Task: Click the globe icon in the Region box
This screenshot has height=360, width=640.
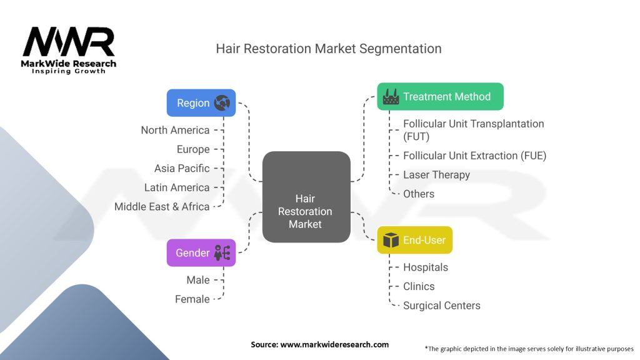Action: [x=222, y=103]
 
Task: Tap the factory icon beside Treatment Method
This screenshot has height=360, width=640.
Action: [x=391, y=97]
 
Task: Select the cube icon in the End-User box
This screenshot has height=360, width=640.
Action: [x=391, y=240]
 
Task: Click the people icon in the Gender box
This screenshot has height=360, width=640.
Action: [x=222, y=253]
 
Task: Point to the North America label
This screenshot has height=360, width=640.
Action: [x=175, y=130]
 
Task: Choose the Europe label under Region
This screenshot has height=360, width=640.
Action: [x=193, y=149]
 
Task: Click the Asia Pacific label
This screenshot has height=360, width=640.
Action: [x=182, y=169]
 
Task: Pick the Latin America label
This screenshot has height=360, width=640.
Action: [x=177, y=187]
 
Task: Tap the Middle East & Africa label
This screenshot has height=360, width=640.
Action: [x=162, y=207]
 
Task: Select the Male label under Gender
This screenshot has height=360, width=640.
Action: [x=198, y=280]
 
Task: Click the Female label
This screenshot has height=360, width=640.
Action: [x=192, y=299]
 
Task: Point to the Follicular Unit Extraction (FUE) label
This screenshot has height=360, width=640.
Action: [x=475, y=156]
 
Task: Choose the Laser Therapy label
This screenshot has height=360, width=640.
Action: [x=436, y=175]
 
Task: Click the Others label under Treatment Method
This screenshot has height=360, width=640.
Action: [x=419, y=194]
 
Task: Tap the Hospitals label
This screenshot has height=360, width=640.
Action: [x=426, y=267]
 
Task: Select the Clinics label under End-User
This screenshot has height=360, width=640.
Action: [x=419, y=286]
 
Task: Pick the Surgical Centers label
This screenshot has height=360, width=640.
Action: [x=442, y=306]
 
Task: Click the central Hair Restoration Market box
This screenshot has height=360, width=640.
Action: [x=306, y=197]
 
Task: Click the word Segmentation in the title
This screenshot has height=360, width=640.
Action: [x=401, y=49]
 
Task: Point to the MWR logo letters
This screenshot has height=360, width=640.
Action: [x=69, y=42]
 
